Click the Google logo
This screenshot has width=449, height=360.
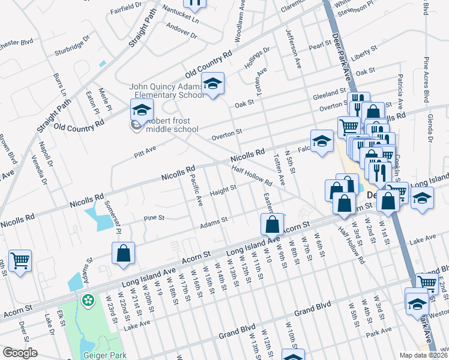(x=20, y=353)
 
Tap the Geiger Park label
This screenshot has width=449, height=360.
(x=106, y=355)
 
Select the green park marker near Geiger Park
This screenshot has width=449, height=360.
(x=89, y=299)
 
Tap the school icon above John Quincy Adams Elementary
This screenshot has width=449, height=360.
(x=212, y=85)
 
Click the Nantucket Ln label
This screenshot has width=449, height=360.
(x=178, y=19)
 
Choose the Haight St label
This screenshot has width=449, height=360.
(x=223, y=191)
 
